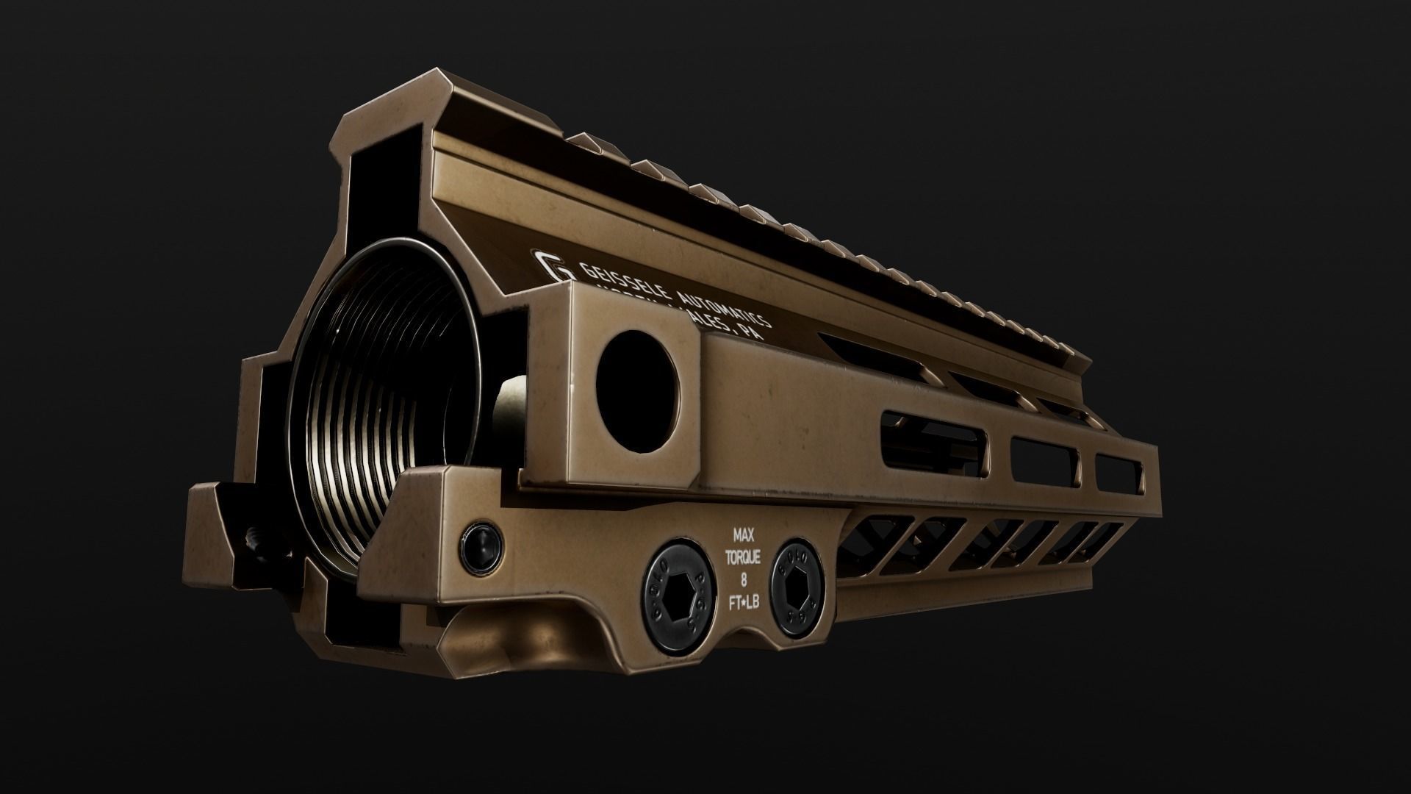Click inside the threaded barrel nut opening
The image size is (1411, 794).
(x=382, y=382)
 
